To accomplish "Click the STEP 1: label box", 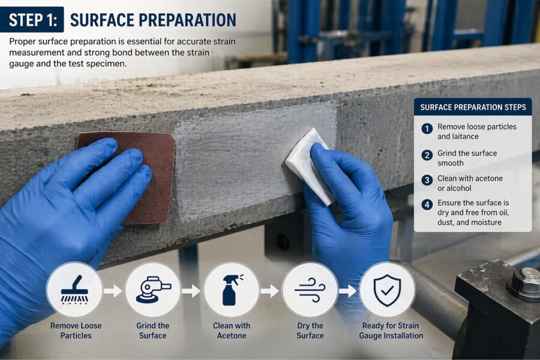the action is (x=32, y=20).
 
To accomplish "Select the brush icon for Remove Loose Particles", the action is (x=75, y=290).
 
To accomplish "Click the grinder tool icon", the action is (x=153, y=289).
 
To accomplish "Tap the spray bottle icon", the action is (x=232, y=290).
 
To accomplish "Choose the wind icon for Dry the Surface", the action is (x=310, y=290).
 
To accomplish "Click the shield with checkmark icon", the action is (x=388, y=290).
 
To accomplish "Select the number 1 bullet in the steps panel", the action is (x=427, y=129).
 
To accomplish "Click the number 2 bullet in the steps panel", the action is (x=427, y=155).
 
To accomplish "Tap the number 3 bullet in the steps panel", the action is (x=427, y=180).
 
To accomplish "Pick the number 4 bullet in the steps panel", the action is (x=427, y=205).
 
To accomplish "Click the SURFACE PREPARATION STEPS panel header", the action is (x=473, y=107).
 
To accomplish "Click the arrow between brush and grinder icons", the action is (x=113, y=291).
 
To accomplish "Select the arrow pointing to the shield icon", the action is (x=348, y=291).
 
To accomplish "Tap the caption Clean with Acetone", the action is (x=232, y=331).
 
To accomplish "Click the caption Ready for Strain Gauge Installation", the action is (x=391, y=331).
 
